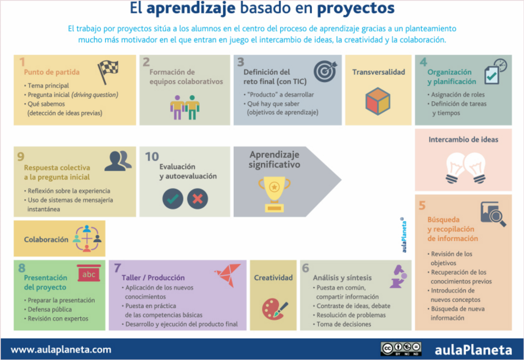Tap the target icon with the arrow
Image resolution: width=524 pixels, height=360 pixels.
tap(325, 71)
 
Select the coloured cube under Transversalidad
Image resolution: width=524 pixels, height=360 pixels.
tap(378, 101)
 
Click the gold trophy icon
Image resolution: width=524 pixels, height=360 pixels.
tap(274, 193)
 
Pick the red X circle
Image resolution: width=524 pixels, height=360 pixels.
tap(197, 199)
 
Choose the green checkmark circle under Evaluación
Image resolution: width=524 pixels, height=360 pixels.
tap(173, 199)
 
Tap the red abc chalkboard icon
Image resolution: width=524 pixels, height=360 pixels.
tap(89, 274)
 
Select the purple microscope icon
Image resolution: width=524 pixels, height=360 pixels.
tap(398, 277)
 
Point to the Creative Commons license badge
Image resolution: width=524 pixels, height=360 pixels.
tap(401, 349)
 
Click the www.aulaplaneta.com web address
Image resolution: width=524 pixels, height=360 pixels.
tap(61, 350)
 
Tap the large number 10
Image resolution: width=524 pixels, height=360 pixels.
tap(152, 157)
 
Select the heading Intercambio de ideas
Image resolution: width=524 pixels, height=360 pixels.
tap(463, 139)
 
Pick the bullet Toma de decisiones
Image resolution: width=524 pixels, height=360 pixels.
tap(344, 324)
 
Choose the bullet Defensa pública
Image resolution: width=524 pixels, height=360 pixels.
tap(50, 309)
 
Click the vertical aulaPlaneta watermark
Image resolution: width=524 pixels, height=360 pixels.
tap(403, 235)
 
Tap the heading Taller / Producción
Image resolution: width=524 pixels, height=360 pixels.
tap(153, 278)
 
